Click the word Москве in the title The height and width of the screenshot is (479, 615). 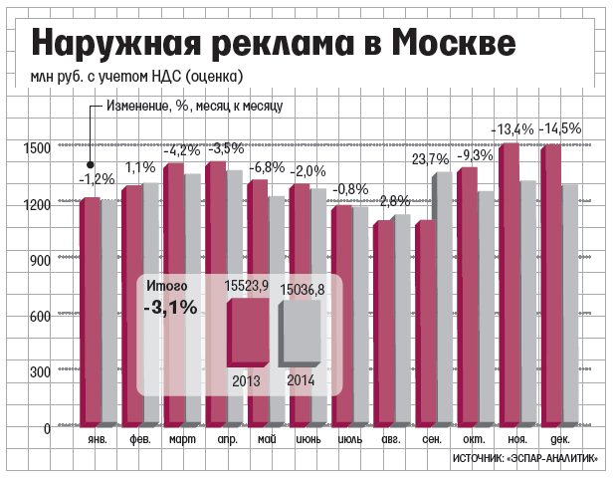coord(454,43)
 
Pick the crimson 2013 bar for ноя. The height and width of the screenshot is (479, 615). coord(509,289)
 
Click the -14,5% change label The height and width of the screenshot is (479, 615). coord(562,129)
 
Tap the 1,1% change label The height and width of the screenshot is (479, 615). coord(140,167)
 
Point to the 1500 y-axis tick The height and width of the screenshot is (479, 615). coord(37,148)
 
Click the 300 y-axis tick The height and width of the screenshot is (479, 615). coord(41,372)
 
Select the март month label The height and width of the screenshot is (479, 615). coord(182,440)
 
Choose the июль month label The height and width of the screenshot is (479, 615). coord(349,440)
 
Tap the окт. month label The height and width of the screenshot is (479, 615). coord(474,440)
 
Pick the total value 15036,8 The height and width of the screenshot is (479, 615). coord(303,289)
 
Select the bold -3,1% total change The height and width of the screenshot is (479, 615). coord(170,309)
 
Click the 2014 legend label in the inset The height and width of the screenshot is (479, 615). coord(300,379)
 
